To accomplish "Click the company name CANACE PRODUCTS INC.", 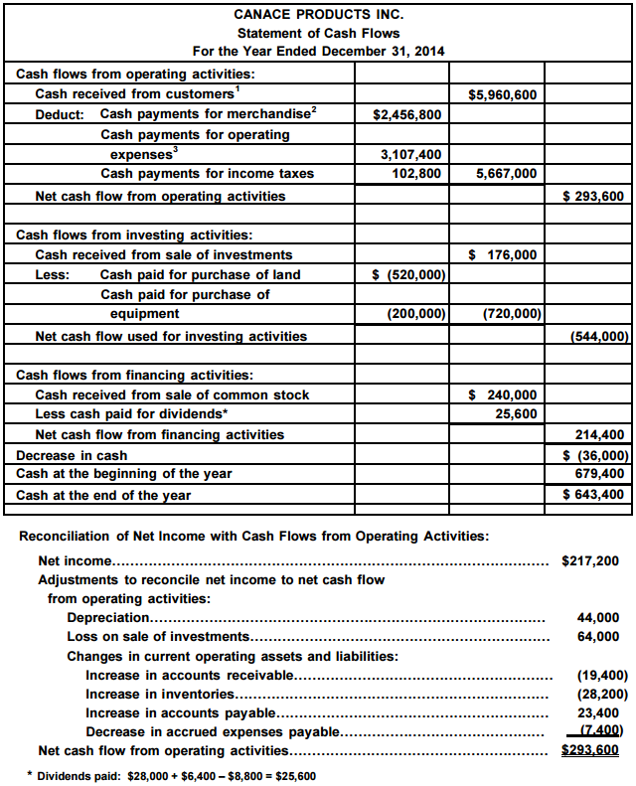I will [x=318, y=15].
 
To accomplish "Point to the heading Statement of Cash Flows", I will [x=318, y=33].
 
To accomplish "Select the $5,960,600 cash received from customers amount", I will [x=502, y=95].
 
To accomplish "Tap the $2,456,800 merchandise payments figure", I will [x=407, y=115].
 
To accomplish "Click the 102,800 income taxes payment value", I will [x=417, y=174].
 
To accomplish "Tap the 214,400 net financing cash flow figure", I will [x=600, y=435].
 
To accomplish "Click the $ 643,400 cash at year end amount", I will [x=593, y=495].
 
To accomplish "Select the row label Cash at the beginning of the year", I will [x=124, y=474].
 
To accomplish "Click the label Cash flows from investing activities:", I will [x=134, y=236].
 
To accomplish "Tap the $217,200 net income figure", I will [x=590, y=560].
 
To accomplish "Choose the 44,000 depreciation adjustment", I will [x=604, y=617].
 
